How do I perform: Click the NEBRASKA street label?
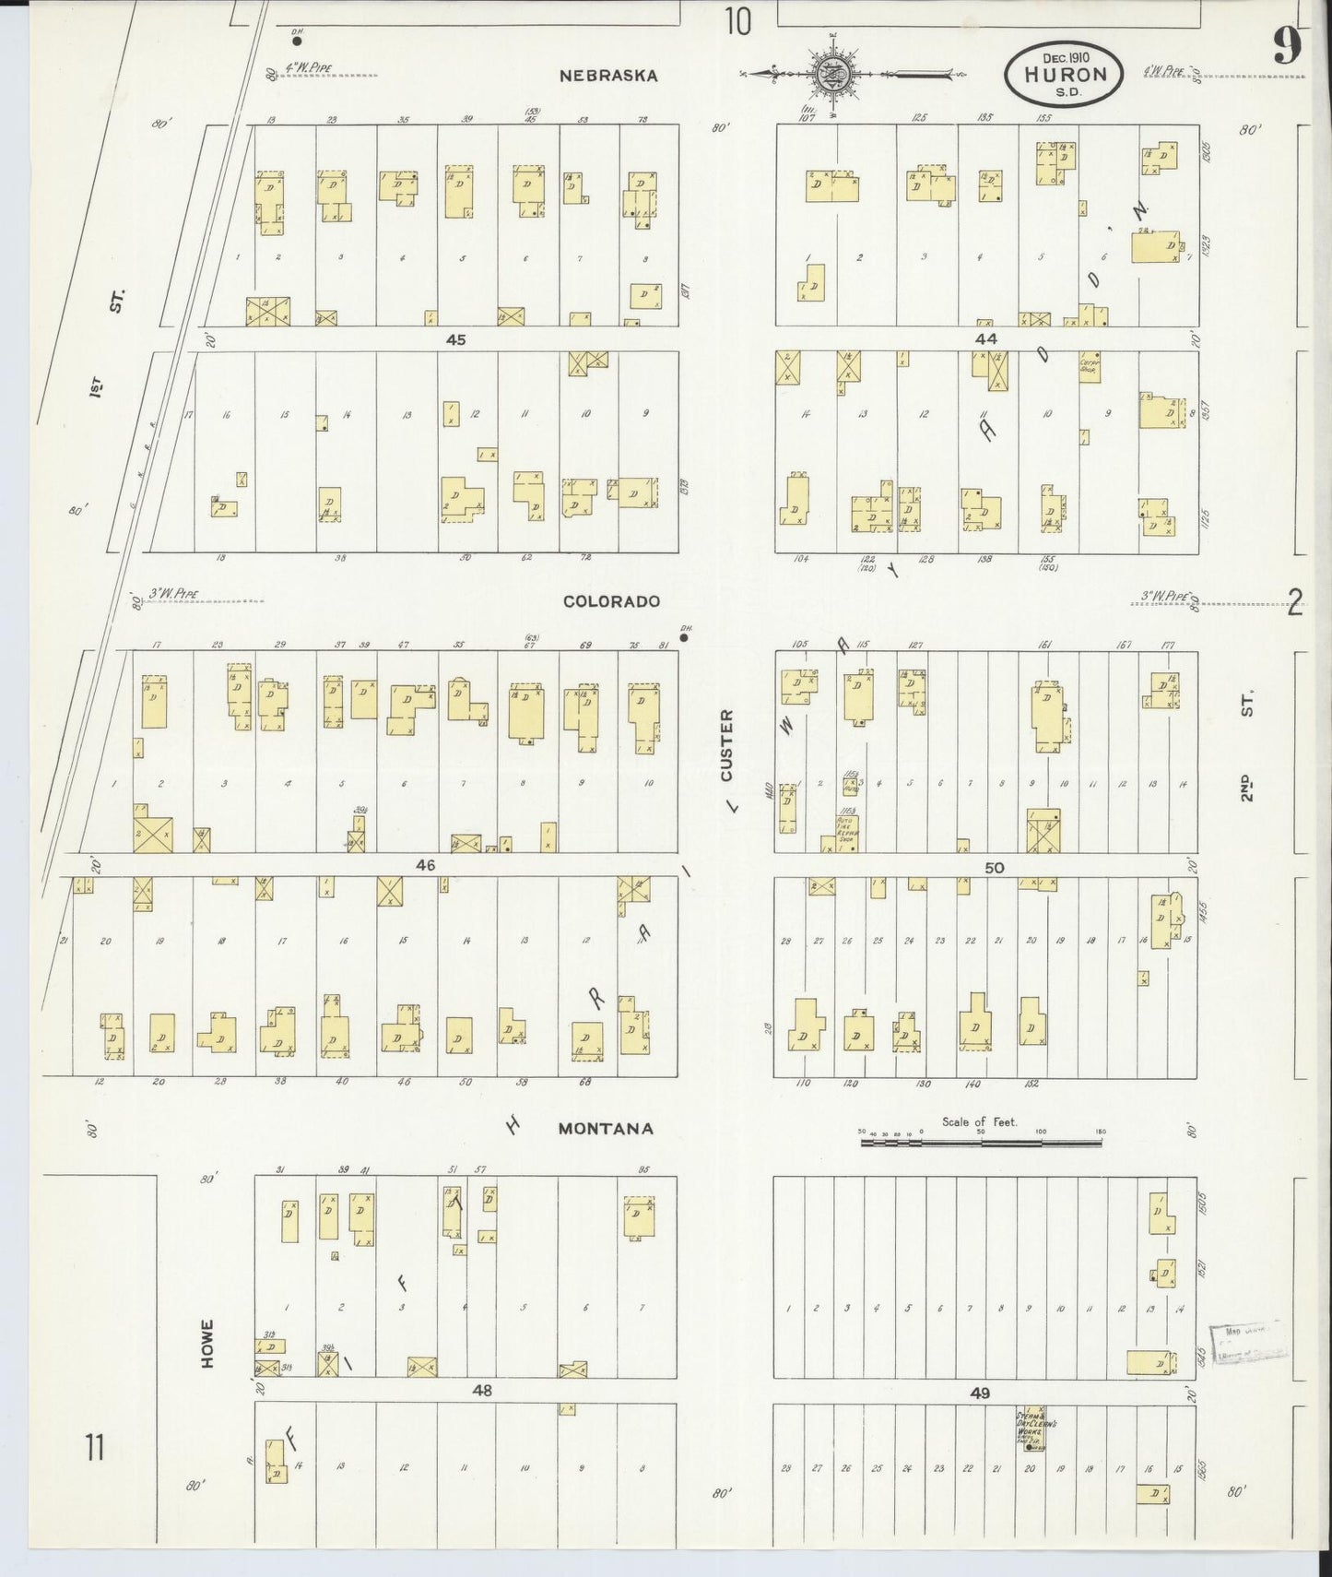click(x=608, y=76)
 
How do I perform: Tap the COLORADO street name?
click(x=611, y=601)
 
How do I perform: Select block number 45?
click(x=455, y=339)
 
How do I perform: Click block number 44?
click(x=985, y=339)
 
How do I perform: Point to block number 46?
click(x=425, y=865)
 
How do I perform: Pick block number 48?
click(x=481, y=1390)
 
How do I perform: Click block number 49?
click(x=980, y=1393)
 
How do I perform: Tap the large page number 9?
click(x=1287, y=46)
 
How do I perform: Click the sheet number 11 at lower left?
click(x=95, y=1448)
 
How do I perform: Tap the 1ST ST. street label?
click(x=108, y=341)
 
